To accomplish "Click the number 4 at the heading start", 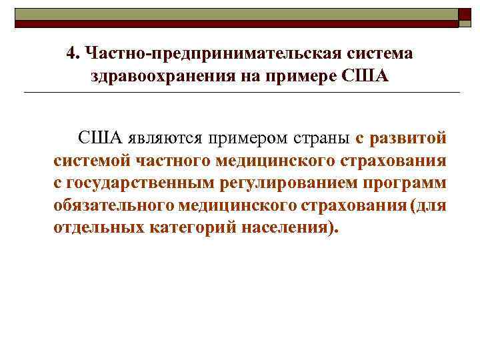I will [71, 53].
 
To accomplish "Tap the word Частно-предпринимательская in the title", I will [213, 53].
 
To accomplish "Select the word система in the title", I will [382, 53].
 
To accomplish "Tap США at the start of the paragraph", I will [100, 139].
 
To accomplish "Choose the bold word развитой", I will [408, 139].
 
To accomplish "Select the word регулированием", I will [277, 183].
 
